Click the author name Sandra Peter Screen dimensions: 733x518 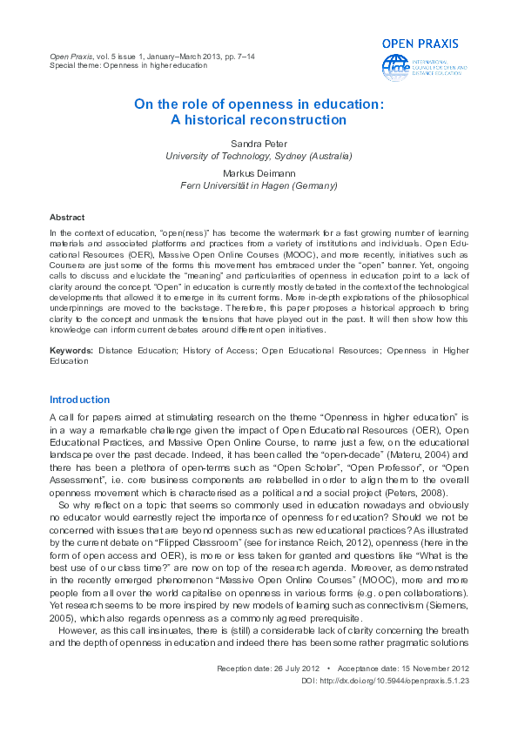coord(259,143)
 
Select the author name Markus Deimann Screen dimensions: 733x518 coord(259,173)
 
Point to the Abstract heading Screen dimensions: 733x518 coord(67,217)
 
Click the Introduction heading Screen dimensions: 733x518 coord(79,400)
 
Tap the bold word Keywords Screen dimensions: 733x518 coord(71,350)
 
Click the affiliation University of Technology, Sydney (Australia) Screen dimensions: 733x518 coord(259,156)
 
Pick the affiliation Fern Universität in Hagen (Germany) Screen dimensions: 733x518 coord(259,185)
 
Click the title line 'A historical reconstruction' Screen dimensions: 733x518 coord(259,120)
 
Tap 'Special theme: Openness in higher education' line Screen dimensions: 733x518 coord(129,65)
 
